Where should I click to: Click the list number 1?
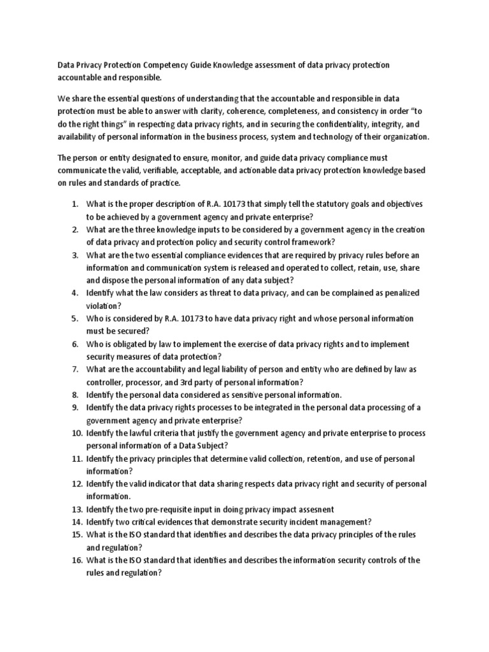coord(74,204)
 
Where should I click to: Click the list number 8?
coord(74,395)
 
